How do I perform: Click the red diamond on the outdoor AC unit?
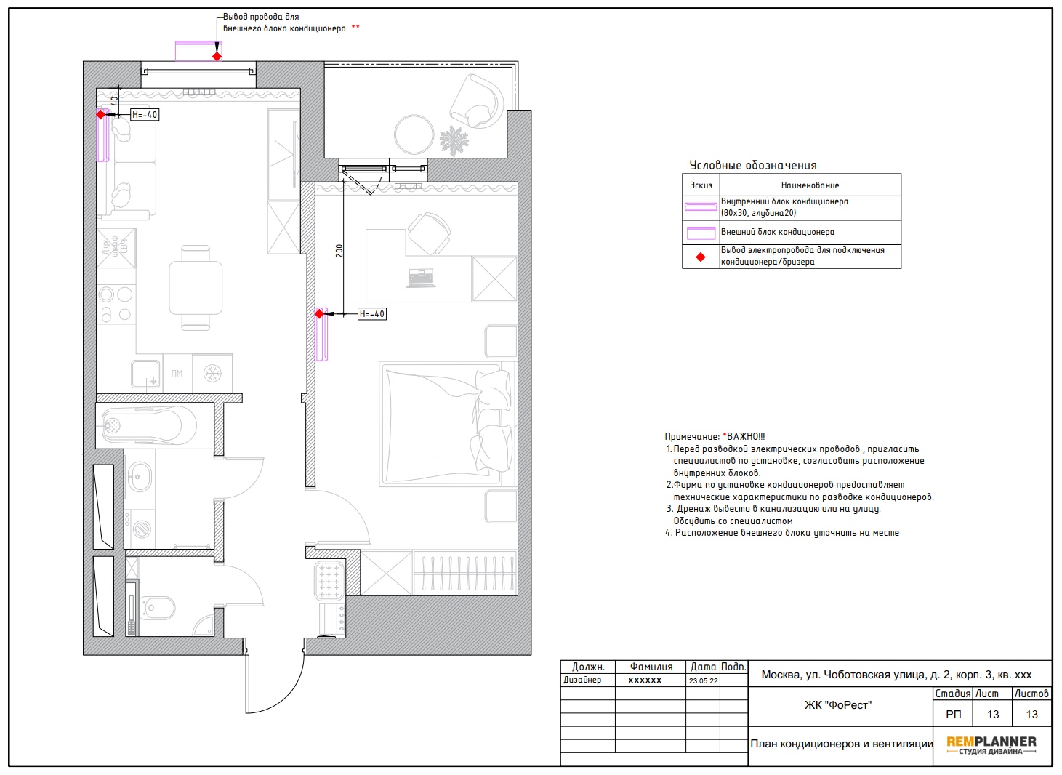(x=217, y=57)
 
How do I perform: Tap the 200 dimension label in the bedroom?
(x=339, y=251)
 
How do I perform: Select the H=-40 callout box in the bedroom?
(x=372, y=314)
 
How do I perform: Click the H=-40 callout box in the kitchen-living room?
(x=145, y=115)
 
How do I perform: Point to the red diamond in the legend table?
(x=701, y=257)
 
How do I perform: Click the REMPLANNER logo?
(x=991, y=744)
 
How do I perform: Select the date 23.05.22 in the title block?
(x=703, y=680)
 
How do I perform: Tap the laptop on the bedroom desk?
(x=421, y=278)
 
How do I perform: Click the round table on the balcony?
(x=414, y=134)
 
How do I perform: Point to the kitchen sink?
(x=145, y=374)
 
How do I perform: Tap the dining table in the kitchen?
(x=196, y=288)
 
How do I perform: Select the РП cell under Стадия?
(x=953, y=714)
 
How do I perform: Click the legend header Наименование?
(x=810, y=185)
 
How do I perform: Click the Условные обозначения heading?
(x=753, y=165)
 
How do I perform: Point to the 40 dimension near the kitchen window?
(x=114, y=101)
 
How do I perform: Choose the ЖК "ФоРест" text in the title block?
(x=838, y=705)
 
